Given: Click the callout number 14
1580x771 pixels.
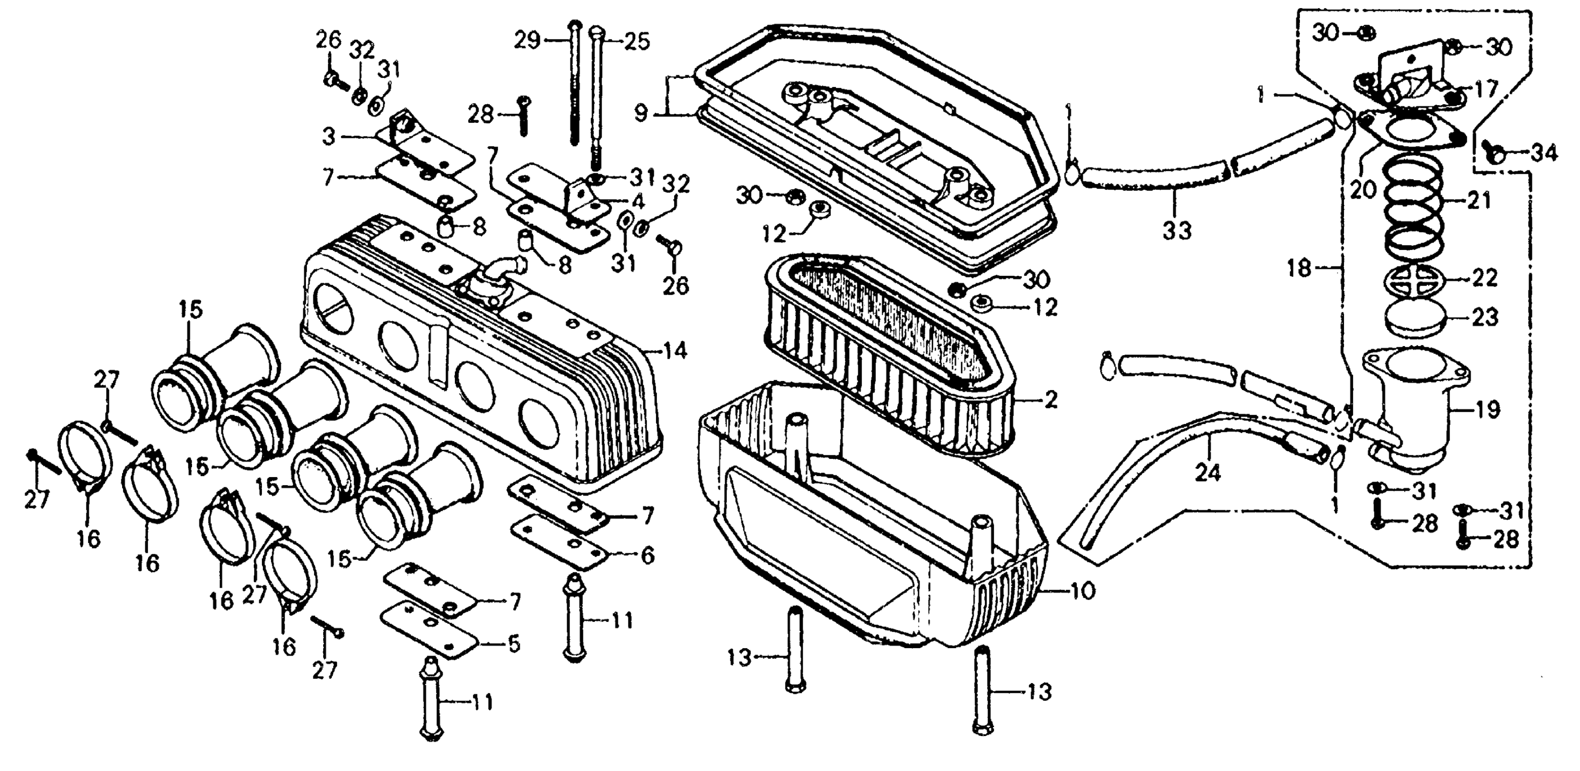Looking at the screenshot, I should click(675, 351).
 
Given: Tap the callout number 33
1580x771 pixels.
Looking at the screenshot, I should click(1177, 230).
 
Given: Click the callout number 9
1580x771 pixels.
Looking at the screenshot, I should click(641, 113).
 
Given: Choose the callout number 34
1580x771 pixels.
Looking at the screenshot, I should click(1543, 152).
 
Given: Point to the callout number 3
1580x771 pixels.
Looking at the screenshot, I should click(329, 136).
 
